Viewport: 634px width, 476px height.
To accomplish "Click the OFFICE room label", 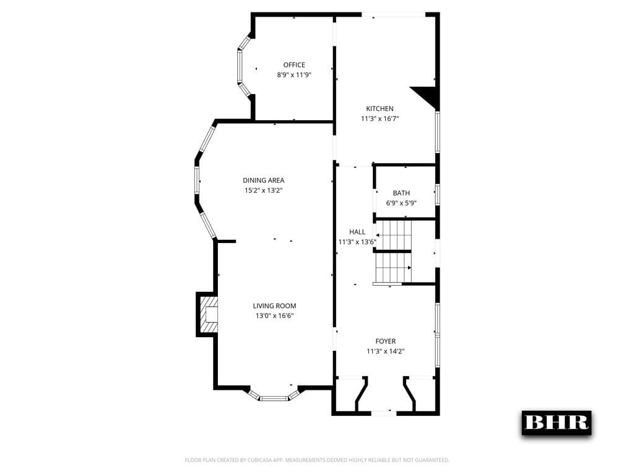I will [x=294, y=65].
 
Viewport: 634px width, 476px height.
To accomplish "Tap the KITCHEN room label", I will [x=380, y=108].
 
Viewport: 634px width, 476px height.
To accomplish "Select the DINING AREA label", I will [x=263, y=180].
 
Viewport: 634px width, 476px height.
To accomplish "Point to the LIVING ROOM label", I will [x=274, y=306].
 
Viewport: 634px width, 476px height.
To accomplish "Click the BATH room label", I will [x=401, y=193].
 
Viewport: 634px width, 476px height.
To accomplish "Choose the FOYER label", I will [x=385, y=341].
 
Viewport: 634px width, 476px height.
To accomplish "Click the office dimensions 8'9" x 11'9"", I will [x=294, y=75].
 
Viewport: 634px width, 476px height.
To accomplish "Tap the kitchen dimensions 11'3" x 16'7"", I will [x=380, y=118].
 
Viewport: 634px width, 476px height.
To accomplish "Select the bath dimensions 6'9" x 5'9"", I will [x=401, y=203].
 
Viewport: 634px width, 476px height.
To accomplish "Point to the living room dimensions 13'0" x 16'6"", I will [x=274, y=315].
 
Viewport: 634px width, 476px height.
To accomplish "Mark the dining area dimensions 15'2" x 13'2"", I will [x=263, y=190].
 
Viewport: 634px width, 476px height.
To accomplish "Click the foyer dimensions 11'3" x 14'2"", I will [x=385, y=351].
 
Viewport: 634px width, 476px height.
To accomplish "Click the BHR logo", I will [x=556, y=423].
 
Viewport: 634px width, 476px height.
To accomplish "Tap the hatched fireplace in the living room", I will [x=209, y=315].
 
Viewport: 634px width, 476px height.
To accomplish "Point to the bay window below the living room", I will [x=274, y=395].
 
